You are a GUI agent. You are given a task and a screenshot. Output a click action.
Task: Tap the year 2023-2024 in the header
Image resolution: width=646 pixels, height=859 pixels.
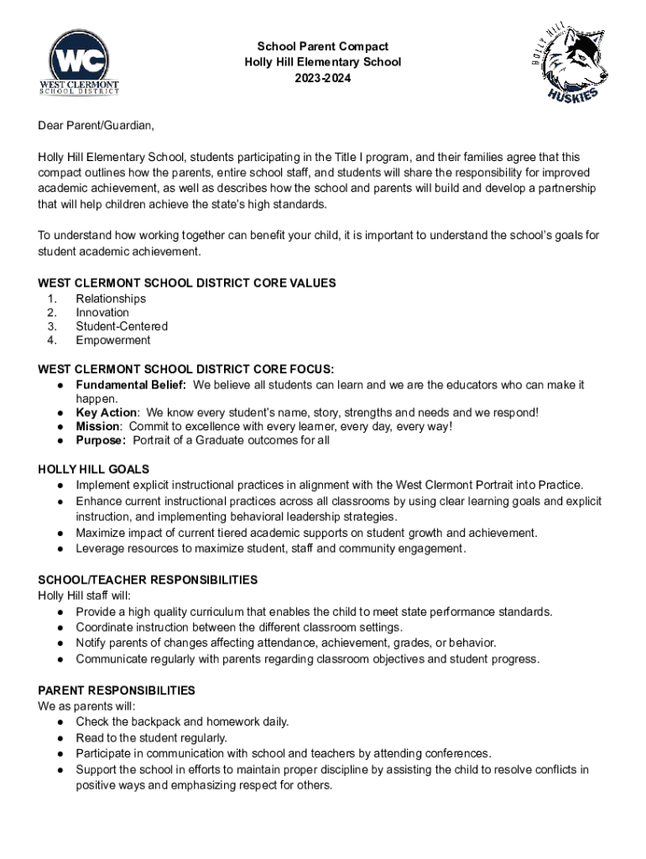tap(323, 77)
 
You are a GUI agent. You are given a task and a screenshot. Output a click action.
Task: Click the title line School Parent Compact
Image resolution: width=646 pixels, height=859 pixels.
tap(323, 46)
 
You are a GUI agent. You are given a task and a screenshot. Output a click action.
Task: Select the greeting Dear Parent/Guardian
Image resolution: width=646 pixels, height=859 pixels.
tap(96, 126)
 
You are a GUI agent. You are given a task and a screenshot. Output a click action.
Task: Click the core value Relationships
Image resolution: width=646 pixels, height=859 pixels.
tap(111, 299)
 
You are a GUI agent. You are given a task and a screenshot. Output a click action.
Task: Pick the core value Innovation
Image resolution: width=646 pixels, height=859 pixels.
tap(102, 312)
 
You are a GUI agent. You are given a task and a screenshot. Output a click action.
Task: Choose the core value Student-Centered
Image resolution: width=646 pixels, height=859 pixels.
tap(122, 326)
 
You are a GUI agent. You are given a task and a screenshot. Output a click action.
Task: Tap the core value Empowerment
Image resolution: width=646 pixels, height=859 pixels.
tap(113, 340)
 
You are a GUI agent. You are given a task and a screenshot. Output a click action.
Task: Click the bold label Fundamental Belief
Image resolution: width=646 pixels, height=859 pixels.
tap(132, 385)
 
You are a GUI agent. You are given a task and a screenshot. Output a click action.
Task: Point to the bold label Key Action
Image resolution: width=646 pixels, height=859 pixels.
tap(107, 413)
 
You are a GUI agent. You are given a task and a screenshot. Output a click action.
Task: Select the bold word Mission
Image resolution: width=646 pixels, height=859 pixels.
tap(98, 426)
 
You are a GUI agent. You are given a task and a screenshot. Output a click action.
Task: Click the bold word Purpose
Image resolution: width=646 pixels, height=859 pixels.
tap(101, 440)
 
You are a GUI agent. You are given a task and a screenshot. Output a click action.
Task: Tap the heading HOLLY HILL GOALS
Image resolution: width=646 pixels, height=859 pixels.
tap(94, 469)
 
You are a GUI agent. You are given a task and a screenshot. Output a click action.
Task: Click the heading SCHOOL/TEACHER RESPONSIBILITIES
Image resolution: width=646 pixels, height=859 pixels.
tap(148, 580)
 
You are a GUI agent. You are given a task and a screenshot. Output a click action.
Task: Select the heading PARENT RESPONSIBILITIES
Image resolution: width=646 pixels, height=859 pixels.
tap(117, 690)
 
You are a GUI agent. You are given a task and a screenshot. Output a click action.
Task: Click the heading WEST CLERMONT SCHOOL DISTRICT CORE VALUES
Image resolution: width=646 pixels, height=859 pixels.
tap(187, 284)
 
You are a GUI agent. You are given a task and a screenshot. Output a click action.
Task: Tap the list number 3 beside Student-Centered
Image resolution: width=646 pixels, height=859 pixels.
tap(52, 326)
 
